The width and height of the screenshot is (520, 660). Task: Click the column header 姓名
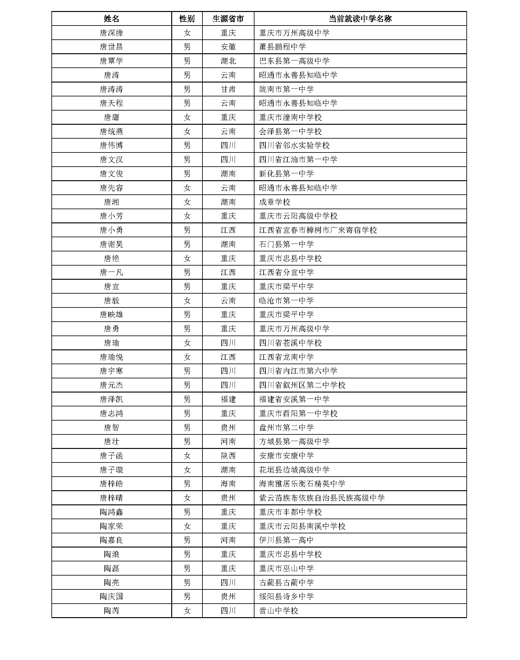[x=111, y=19]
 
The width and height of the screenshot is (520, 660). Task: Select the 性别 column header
[x=187, y=19]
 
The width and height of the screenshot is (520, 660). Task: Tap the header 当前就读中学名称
[x=360, y=19]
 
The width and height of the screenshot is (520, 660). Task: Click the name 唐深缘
[x=111, y=33]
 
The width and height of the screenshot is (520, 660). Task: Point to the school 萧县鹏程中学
[x=282, y=47]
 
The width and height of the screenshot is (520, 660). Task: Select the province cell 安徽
[x=228, y=47]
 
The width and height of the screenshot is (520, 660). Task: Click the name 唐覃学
[x=111, y=61]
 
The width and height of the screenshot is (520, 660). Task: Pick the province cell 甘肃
[x=228, y=89]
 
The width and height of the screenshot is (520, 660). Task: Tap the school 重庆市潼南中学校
[x=290, y=118]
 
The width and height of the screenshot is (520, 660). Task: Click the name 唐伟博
[x=111, y=146]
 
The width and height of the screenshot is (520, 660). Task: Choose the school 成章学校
[x=274, y=202]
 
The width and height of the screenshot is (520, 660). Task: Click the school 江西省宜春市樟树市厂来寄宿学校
[x=318, y=230]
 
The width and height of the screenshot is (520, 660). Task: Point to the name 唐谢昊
[x=111, y=244]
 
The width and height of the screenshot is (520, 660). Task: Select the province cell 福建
[x=228, y=399]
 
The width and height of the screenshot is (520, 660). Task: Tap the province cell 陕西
[x=228, y=456]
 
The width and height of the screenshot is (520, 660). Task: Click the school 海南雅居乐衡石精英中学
[x=302, y=484]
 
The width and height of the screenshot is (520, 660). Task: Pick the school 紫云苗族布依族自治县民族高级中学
[x=322, y=498]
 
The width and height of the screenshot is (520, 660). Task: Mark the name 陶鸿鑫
[x=111, y=512]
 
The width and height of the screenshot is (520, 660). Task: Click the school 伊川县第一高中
[x=286, y=540]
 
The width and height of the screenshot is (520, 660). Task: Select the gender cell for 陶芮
[x=187, y=611]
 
